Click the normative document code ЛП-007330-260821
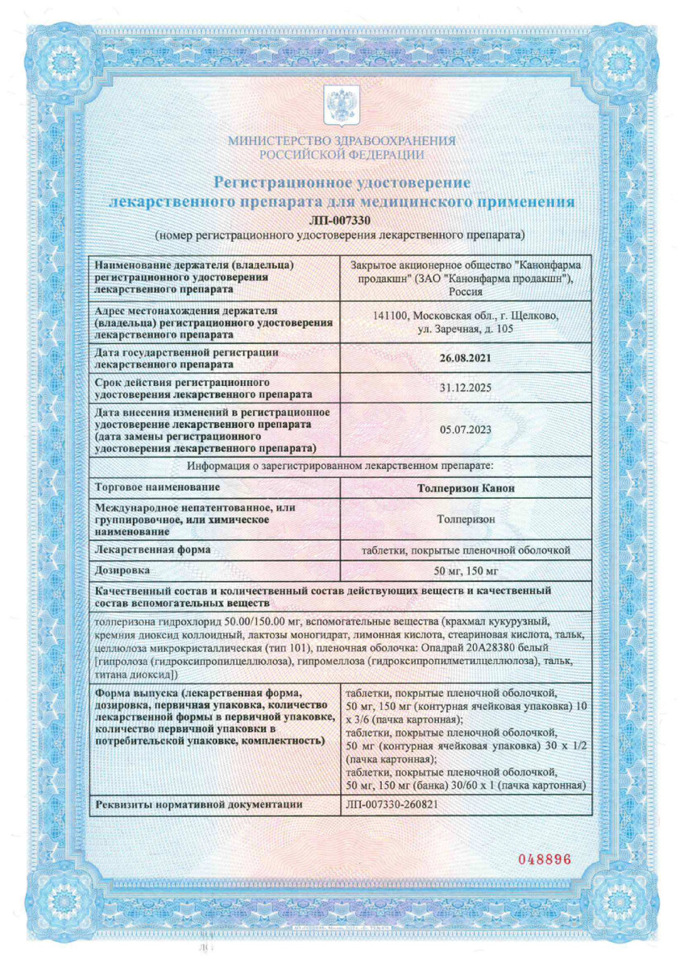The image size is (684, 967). tap(392, 804)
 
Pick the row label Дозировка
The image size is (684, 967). tap(122, 570)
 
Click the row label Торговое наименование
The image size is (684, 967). tap(156, 488)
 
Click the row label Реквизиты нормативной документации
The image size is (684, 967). tap(198, 804)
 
